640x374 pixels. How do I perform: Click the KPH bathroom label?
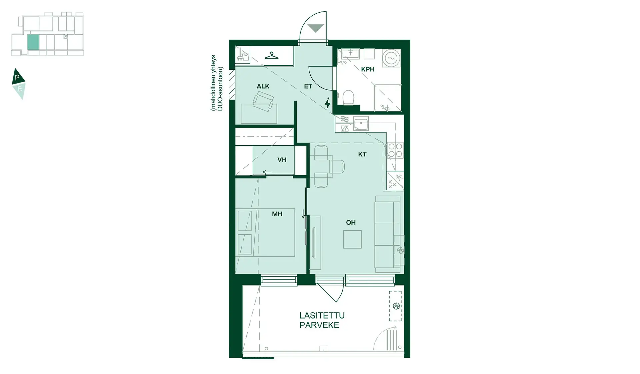[x=368, y=69]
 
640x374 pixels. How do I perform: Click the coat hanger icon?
[x=272, y=56]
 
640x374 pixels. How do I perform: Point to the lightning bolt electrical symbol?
[x=328, y=103]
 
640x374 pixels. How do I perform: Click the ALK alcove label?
[x=263, y=86]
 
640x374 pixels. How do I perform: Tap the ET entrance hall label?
[x=308, y=86]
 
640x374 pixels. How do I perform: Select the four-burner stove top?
[x=395, y=150]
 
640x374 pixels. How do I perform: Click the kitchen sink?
[x=361, y=124]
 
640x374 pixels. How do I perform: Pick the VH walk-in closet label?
[x=282, y=160]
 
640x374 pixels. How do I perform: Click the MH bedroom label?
[x=277, y=214]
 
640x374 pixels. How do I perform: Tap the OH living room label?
[x=351, y=222]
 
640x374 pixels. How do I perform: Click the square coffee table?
[x=352, y=239]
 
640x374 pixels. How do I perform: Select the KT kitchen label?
[x=362, y=154]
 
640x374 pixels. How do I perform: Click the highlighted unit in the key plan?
[x=33, y=42]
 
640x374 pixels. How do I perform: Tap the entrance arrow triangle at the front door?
[x=316, y=28]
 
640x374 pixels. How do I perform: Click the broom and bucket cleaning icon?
[x=242, y=55]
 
